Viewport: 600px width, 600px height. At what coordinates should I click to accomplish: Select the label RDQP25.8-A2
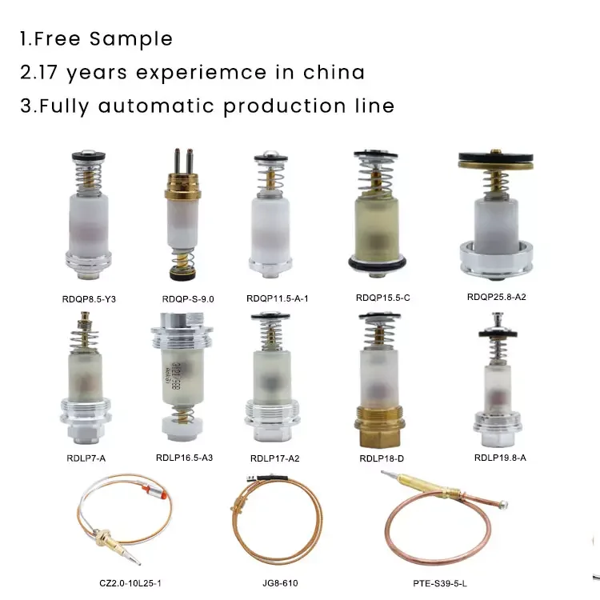click(x=496, y=297)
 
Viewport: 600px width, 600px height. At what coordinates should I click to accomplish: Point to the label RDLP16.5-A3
click(x=183, y=458)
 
